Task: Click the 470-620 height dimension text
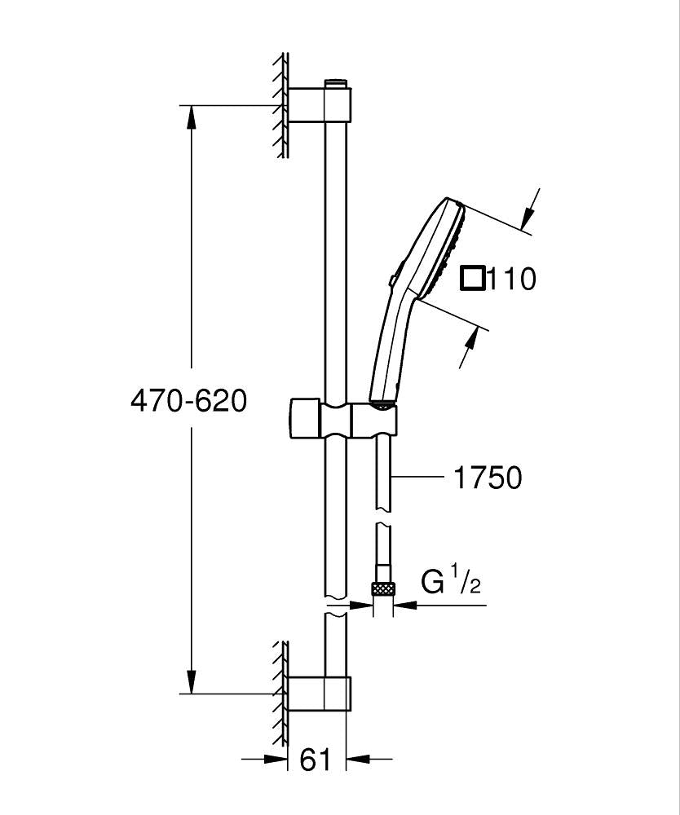pyautogui.click(x=188, y=400)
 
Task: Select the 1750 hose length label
pyautogui.click(x=488, y=478)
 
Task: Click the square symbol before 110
pyautogui.click(x=472, y=279)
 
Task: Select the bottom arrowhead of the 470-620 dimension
pyautogui.click(x=191, y=681)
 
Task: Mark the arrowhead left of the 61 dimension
pyautogui.click(x=278, y=760)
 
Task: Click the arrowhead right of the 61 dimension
pyautogui.click(x=360, y=760)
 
